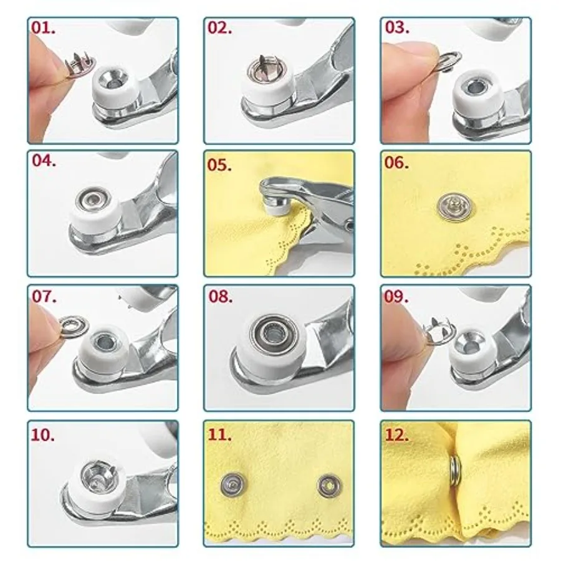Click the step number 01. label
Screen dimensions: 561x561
(x=43, y=28)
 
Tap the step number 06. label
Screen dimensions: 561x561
(x=396, y=163)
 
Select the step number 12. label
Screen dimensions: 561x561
(x=397, y=435)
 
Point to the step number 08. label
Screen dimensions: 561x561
(x=221, y=297)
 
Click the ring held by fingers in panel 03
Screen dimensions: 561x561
(x=451, y=59)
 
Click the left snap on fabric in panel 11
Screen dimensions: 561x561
(x=233, y=485)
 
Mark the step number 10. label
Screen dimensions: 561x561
(x=43, y=435)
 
